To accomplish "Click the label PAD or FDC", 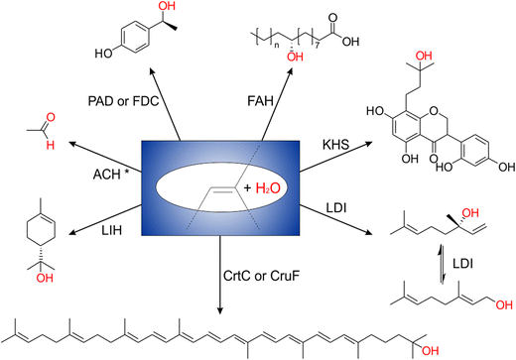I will click(122, 102).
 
